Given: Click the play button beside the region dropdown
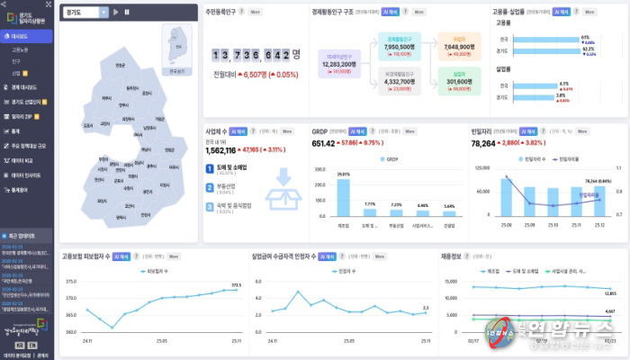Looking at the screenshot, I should [116, 13].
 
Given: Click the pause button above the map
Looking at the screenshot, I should [127, 13].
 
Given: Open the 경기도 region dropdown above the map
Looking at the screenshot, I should [85, 13].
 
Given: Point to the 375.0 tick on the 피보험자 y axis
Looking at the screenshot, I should [71, 282].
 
